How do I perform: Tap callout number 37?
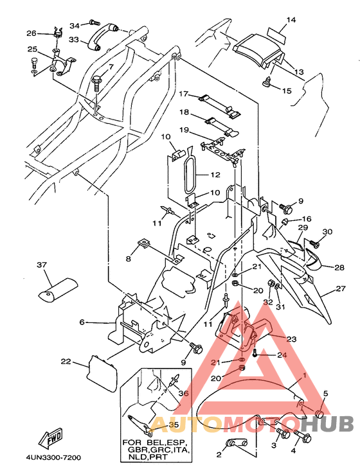click(x=42, y=264)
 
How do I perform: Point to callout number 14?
click(x=291, y=20)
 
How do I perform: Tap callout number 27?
click(x=341, y=288)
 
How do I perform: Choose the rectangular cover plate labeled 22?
click(x=102, y=373)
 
